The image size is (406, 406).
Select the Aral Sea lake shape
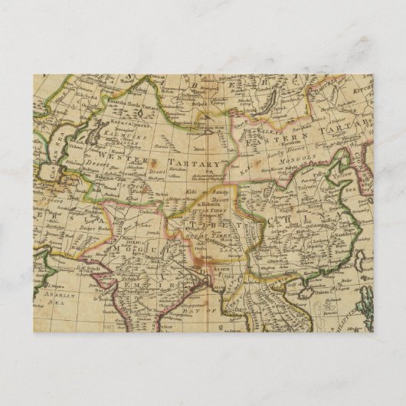[97, 136]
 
